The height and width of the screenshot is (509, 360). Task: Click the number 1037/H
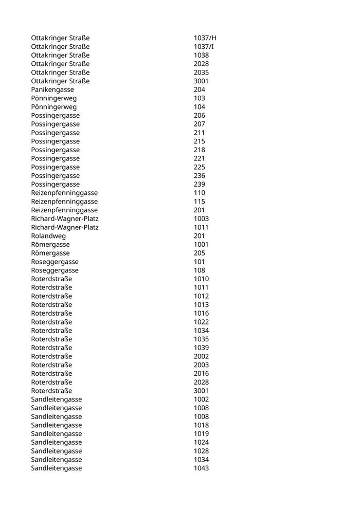205,38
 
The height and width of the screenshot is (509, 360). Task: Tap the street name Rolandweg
48,236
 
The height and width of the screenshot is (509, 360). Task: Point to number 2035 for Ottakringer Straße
201,72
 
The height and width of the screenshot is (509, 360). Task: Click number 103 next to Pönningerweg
199,98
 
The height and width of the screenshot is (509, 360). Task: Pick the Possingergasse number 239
199,185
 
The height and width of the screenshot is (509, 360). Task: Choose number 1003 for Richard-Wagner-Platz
201,219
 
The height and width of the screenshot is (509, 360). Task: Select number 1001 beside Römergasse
201,245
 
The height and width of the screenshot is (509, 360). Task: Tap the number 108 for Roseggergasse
199,270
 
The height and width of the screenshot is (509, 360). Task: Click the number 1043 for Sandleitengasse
201,468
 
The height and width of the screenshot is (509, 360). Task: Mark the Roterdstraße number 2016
201,374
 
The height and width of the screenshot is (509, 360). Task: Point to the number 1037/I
204,47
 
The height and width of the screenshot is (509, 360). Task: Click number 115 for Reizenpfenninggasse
199,202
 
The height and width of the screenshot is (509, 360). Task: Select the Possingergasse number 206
199,116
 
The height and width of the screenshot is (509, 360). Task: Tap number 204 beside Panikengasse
199,89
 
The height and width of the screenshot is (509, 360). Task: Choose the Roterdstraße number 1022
201,322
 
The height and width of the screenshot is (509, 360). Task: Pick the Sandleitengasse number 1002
201,399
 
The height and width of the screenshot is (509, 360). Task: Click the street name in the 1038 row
60,55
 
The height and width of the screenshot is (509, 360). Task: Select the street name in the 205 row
50,253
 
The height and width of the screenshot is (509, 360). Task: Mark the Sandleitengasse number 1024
201,443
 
